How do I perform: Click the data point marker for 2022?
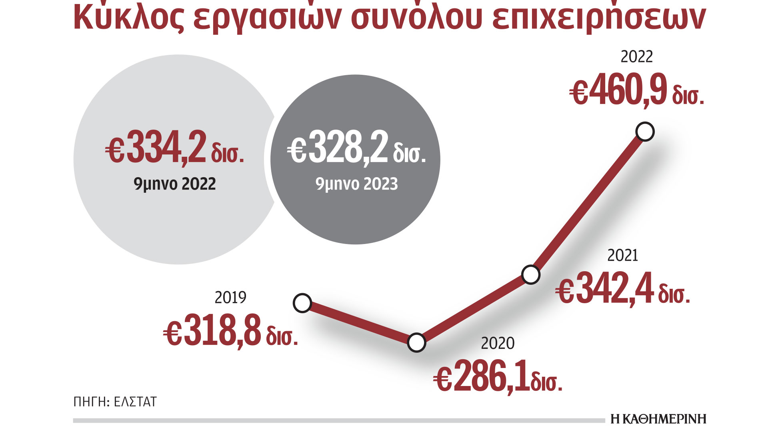point(645,132)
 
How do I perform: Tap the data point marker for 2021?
point(531,275)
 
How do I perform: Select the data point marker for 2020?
point(416,342)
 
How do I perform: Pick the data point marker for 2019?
point(302,303)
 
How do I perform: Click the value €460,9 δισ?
point(637,91)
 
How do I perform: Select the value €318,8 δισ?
point(231,331)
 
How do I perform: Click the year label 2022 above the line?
point(636,57)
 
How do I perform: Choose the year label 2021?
point(622,256)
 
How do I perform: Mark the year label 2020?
point(498,343)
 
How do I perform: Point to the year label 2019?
point(230,298)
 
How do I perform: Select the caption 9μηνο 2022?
point(175,184)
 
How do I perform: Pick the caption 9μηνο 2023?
point(356,184)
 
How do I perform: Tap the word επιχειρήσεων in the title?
point(599,18)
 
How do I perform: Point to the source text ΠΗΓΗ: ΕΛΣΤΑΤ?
point(115,402)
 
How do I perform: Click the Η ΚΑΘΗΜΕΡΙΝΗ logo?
point(658,419)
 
